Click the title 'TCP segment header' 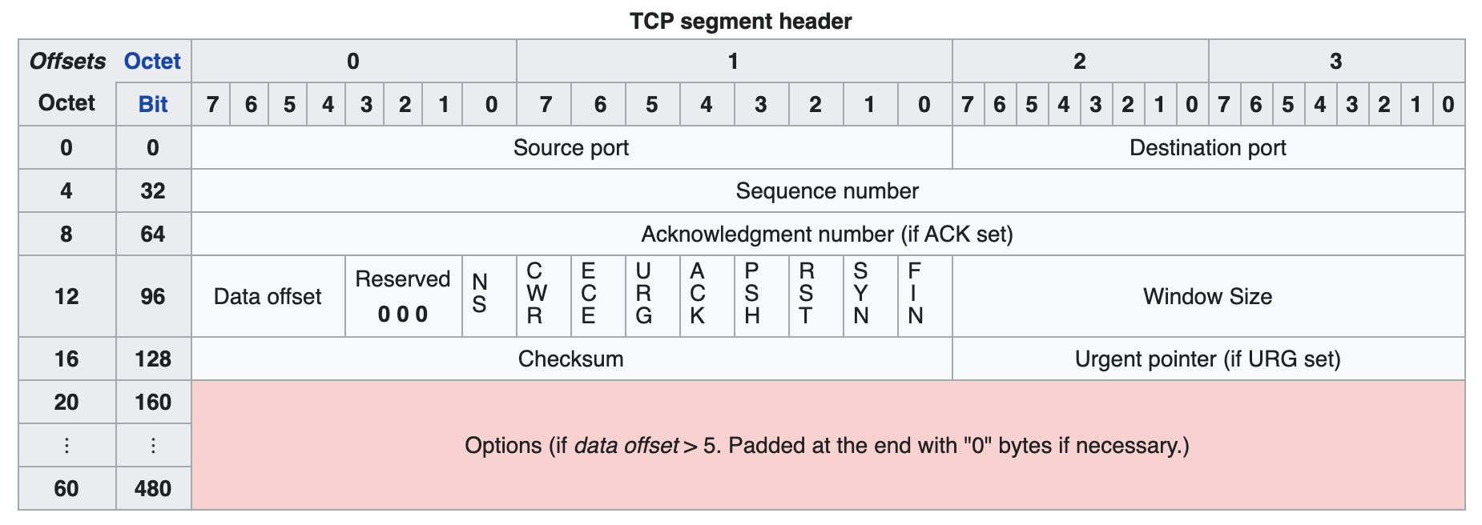pos(740,21)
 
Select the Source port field pos(572,147)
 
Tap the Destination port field pos(1208,147)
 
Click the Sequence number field pos(828,190)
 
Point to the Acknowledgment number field pos(828,234)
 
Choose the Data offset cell pos(268,296)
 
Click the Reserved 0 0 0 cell pos(404,296)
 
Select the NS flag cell pos(489,296)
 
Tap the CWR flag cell pos(544,296)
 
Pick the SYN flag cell pos(871,296)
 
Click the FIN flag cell pos(925,296)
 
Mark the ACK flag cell pos(707,296)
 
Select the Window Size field pos(1208,296)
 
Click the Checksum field pos(572,359)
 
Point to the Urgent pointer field pos(1208,359)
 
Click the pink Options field pos(828,445)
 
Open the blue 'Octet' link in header pos(152,61)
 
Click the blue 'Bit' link pos(153,104)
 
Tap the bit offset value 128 pos(153,359)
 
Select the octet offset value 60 pos(66,488)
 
